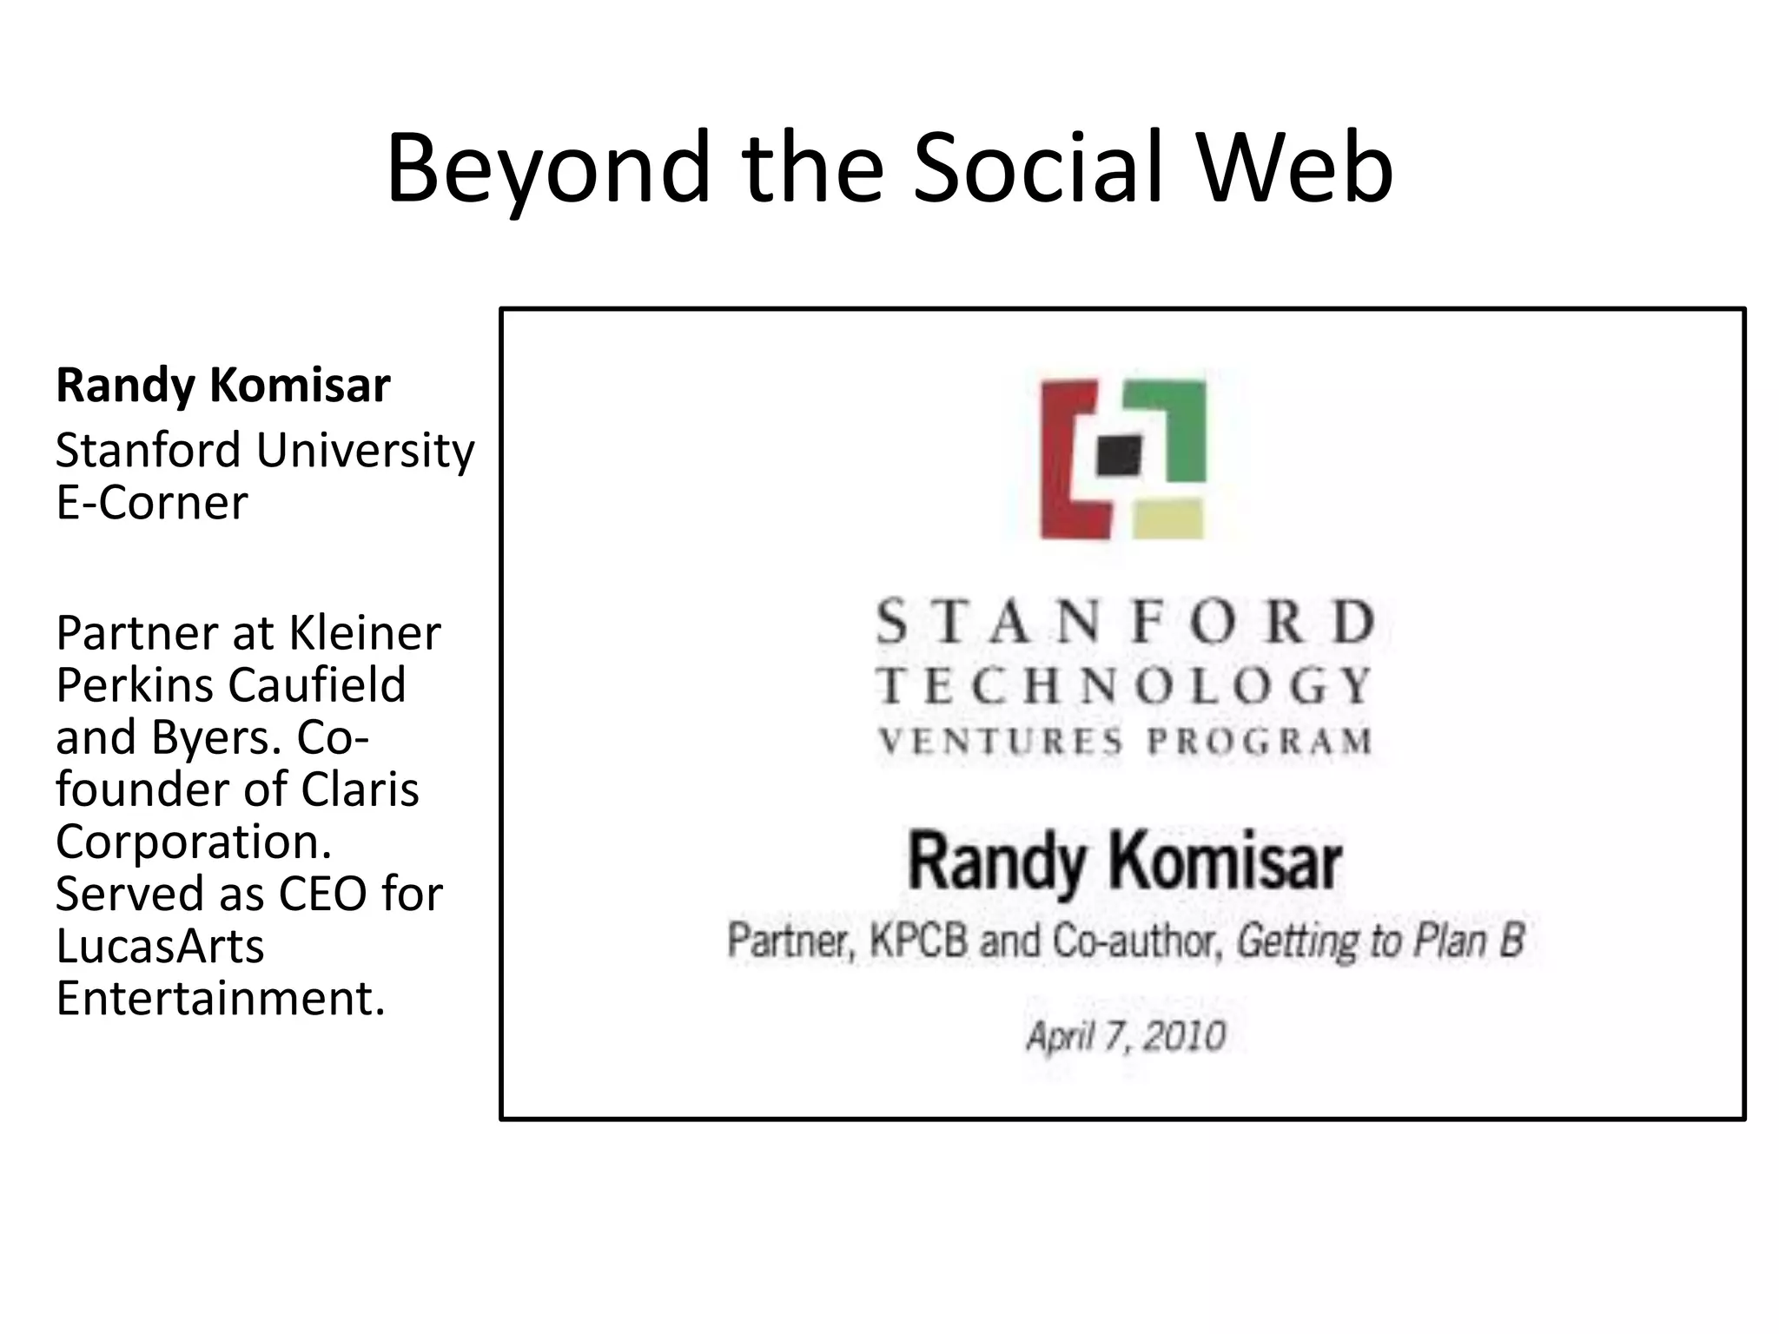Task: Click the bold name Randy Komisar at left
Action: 222,386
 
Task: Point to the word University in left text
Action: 365,451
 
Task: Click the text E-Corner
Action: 152,503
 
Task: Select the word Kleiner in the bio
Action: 365,633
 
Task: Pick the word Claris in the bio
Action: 360,789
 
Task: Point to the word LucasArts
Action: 160,946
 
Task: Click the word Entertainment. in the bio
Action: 221,998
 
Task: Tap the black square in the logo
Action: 1119,455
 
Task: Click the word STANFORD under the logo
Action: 1125,622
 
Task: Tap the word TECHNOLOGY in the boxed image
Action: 1125,686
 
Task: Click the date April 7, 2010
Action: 1126,1036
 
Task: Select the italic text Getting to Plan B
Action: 1379,941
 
